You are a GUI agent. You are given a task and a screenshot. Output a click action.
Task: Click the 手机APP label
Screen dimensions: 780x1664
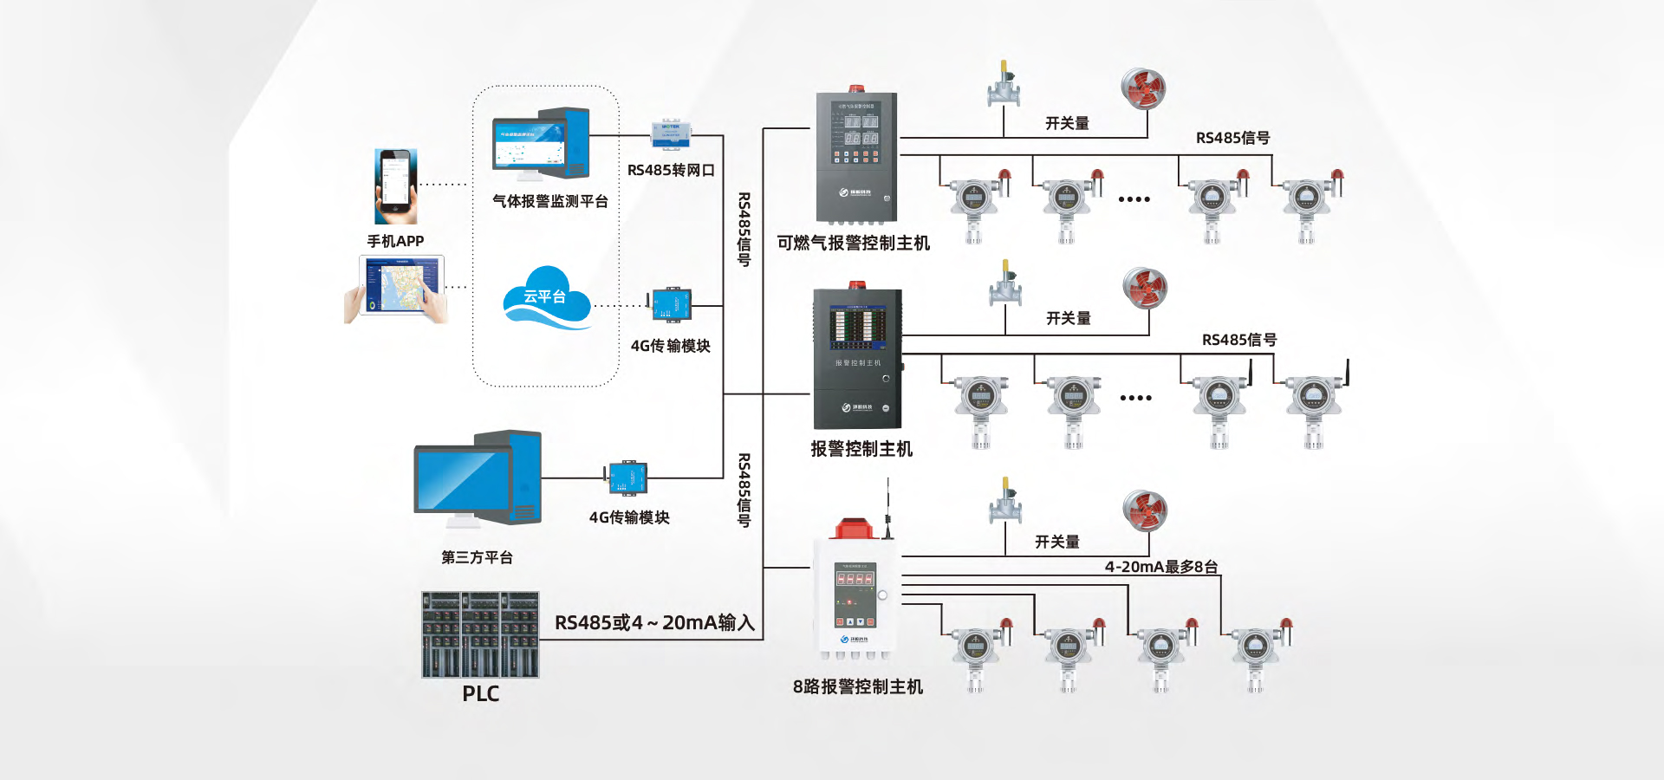pos(395,241)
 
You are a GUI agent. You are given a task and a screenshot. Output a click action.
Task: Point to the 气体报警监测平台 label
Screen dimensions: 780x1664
pos(549,201)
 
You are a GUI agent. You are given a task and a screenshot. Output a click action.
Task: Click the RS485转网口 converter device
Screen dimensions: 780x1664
pos(670,133)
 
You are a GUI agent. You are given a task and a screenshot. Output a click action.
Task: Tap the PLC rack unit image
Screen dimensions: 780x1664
pos(480,634)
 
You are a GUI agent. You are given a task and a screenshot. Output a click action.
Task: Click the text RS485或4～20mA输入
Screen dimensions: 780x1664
pos(654,622)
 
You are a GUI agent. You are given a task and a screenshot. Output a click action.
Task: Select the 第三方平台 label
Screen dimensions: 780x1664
pos(477,557)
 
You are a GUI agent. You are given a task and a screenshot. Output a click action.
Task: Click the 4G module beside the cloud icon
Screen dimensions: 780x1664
pos(671,305)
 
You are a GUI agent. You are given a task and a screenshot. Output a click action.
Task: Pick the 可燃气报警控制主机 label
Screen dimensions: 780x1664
pos(853,244)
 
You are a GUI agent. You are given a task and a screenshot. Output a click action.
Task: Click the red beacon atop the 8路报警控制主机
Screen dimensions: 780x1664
pos(852,527)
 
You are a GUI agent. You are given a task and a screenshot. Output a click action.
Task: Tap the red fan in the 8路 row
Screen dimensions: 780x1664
pos(1145,510)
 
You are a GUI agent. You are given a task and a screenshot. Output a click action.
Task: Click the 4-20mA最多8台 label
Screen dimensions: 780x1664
pos(1161,567)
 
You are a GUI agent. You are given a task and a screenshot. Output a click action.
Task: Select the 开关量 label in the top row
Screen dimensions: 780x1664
pos(1067,123)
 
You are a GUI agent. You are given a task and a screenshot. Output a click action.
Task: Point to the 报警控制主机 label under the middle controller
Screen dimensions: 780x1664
pos(861,449)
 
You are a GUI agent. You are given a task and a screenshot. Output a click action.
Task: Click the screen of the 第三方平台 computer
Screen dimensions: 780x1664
pos(462,479)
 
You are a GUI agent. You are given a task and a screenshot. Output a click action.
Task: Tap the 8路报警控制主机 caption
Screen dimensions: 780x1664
pos(857,686)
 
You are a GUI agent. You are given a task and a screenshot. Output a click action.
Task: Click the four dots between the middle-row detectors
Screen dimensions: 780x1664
pos(1135,398)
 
